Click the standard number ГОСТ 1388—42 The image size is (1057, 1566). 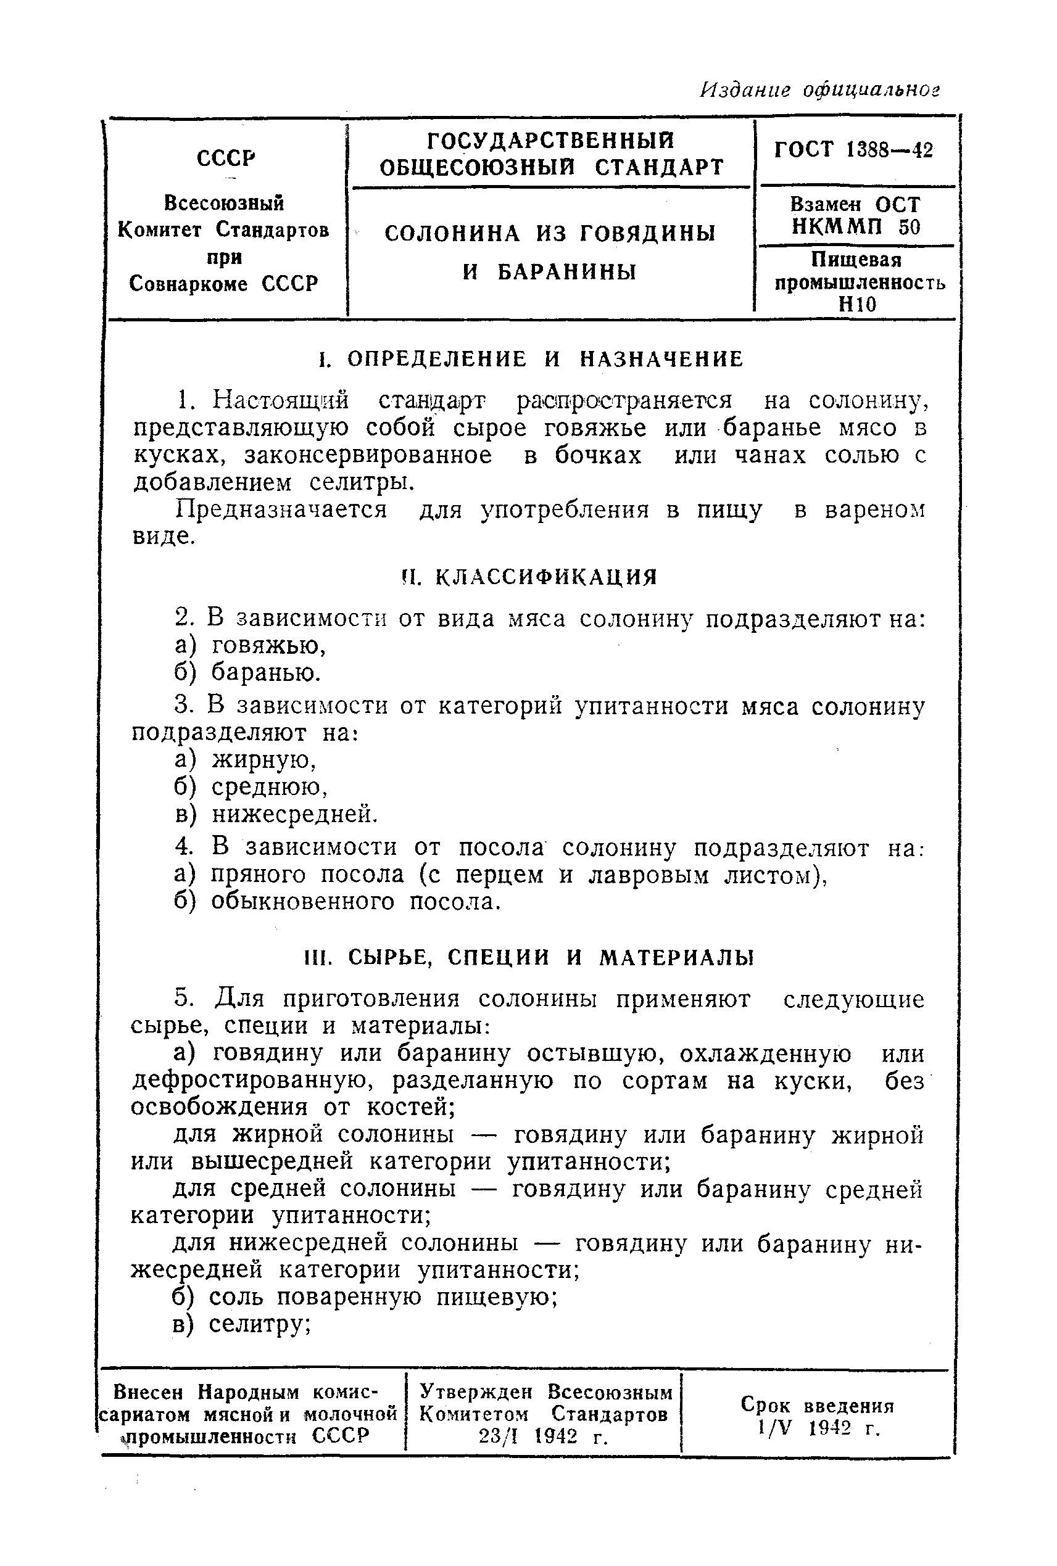tap(853, 150)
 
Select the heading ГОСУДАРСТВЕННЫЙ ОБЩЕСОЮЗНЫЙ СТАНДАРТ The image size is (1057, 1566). tap(551, 154)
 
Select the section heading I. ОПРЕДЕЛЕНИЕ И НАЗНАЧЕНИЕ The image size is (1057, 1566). tap(531, 359)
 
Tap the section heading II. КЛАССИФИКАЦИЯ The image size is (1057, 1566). tap(529, 577)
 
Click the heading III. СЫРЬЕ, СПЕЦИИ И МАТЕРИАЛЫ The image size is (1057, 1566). tap(529, 957)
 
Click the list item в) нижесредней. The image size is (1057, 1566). tap(276, 815)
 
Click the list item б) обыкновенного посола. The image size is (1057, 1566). tap(337, 902)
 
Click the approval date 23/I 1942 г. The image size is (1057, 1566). tap(544, 1437)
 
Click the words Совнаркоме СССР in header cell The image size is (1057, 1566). tap(223, 284)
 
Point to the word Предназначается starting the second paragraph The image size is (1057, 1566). tap(281, 509)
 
